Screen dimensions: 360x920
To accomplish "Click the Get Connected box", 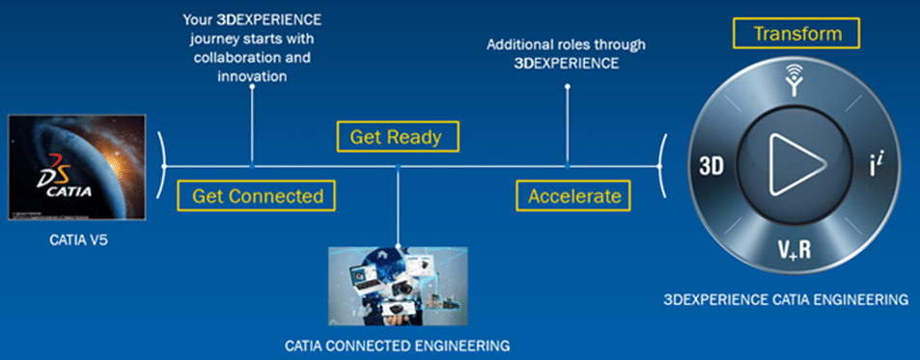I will pyautogui.click(x=257, y=196).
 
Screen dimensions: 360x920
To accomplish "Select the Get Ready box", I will pyautogui.click(x=396, y=136).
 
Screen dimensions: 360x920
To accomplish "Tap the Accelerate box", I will pyautogui.click(x=573, y=196).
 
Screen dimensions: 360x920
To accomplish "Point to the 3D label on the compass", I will pyautogui.click(x=707, y=165).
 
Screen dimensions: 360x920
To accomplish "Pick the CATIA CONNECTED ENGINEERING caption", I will pyautogui.click(x=397, y=344).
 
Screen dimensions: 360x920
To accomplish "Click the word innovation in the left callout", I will pyautogui.click(x=252, y=77).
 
